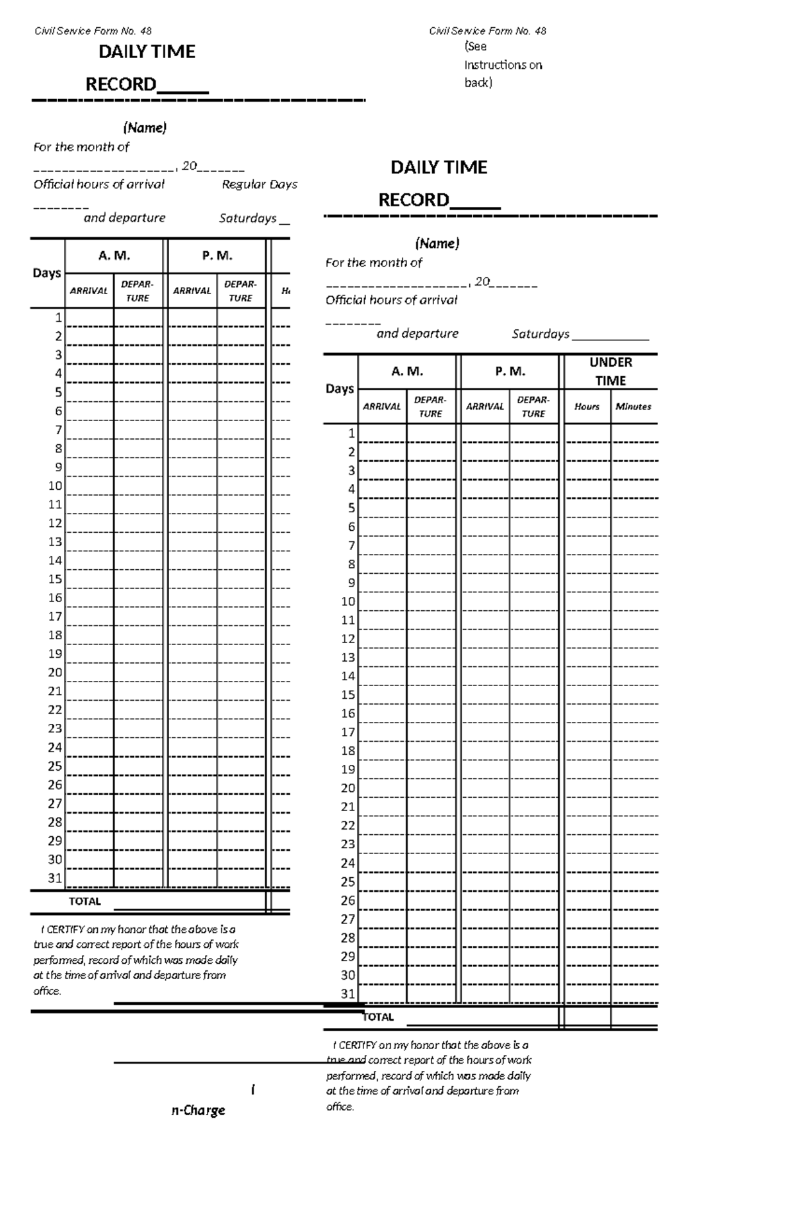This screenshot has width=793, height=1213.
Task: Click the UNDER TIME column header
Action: (x=611, y=372)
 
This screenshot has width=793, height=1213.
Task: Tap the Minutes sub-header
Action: (x=633, y=407)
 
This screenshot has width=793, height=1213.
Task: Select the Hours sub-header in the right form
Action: (x=586, y=407)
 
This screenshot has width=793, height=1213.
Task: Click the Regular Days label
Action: (x=259, y=184)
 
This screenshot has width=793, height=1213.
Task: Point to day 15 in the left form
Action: (x=56, y=579)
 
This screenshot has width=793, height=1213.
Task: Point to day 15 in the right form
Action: (x=348, y=695)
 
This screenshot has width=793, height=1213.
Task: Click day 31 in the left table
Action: (x=56, y=879)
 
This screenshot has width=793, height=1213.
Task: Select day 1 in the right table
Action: (x=352, y=434)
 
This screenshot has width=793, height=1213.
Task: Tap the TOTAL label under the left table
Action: (x=85, y=902)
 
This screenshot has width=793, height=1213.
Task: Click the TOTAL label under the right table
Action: (x=378, y=1017)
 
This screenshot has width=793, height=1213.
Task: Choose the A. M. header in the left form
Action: (x=114, y=256)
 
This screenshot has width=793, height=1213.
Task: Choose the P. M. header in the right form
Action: (x=510, y=372)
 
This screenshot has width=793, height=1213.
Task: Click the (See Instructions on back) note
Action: (x=502, y=64)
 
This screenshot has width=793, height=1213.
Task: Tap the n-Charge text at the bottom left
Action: (x=198, y=1111)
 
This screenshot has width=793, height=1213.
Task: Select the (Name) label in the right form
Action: (x=437, y=243)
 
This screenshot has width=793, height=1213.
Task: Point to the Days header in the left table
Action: (x=46, y=273)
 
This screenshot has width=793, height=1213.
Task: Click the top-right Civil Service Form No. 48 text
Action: (x=487, y=31)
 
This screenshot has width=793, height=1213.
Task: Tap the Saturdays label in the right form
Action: (x=540, y=334)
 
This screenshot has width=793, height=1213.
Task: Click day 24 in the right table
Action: (x=348, y=863)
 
